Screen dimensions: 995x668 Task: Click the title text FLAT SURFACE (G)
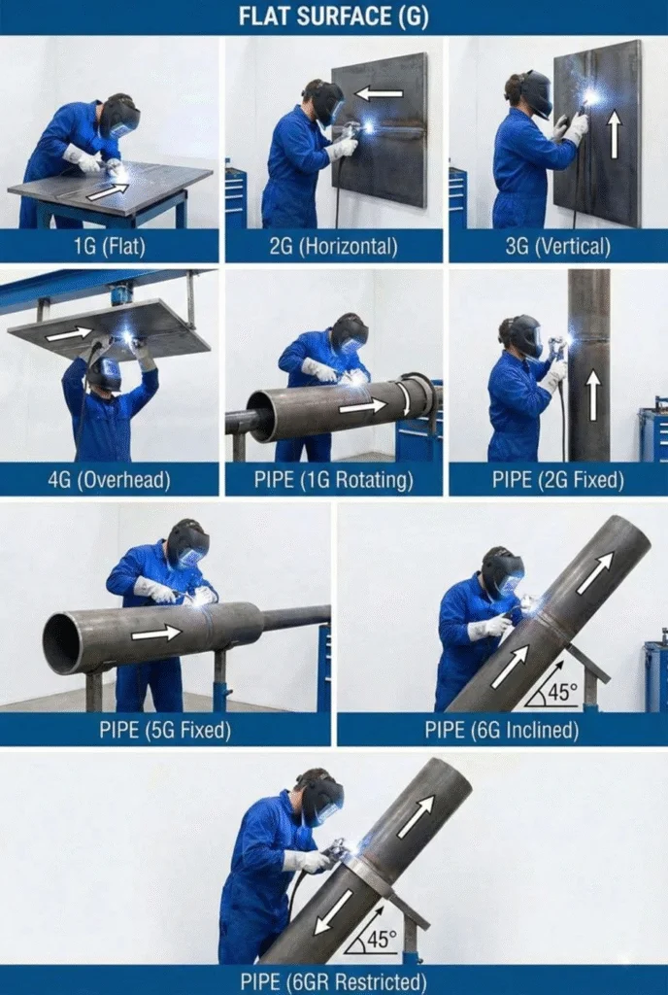point(334,17)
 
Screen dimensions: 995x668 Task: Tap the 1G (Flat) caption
point(109,246)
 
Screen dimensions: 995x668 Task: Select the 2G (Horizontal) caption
point(333,246)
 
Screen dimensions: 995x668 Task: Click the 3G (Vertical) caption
point(556,246)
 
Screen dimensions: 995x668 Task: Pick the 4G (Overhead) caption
point(109,479)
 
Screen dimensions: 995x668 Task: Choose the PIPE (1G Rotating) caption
point(333,479)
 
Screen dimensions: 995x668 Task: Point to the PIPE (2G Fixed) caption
point(556,479)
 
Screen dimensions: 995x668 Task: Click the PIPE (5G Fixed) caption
point(165,730)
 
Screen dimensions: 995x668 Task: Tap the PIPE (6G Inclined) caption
point(501,730)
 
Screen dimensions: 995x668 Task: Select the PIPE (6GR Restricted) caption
point(334,980)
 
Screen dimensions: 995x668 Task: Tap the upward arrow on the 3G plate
point(613,135)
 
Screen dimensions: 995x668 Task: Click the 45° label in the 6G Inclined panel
point(555,693)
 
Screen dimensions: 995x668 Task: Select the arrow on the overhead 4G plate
point(68,333)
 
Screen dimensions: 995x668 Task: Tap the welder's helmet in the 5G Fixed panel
point(187,544)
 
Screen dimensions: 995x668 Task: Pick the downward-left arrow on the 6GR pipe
point(333,910)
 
